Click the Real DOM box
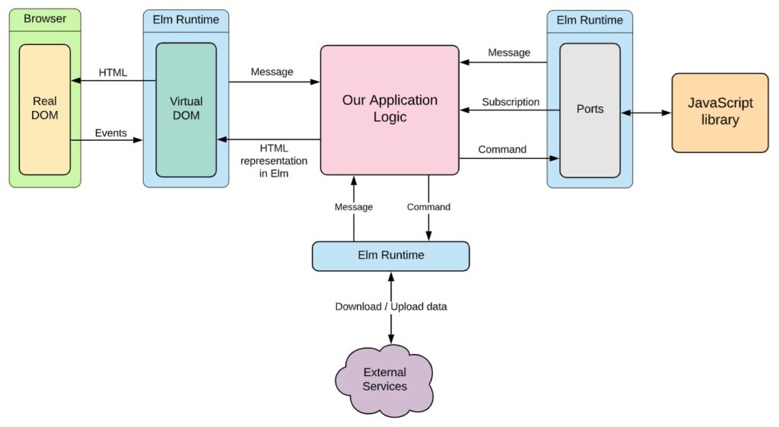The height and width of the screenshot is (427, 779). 45,109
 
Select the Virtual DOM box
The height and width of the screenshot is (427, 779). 186,109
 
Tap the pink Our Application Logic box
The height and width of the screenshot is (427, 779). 389,109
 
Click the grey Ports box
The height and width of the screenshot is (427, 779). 590,109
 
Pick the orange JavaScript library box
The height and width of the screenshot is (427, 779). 720,112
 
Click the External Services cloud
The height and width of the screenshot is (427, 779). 384,379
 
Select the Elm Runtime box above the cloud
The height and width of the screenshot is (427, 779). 390,255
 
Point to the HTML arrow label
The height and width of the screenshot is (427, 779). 113,72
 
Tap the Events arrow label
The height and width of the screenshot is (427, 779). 110,133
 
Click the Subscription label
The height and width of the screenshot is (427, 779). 510,102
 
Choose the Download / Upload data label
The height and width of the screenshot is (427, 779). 391,307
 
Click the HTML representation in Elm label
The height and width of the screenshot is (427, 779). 273,161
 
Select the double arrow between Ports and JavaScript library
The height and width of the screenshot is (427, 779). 646,113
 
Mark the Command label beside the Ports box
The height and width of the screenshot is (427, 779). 502,149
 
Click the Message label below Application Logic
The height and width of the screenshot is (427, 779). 354,207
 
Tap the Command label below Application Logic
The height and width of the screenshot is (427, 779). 428,207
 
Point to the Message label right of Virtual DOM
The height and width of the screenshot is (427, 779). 272,72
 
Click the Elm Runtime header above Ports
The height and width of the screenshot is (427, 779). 589,21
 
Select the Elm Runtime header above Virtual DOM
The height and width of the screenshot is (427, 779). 186,21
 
